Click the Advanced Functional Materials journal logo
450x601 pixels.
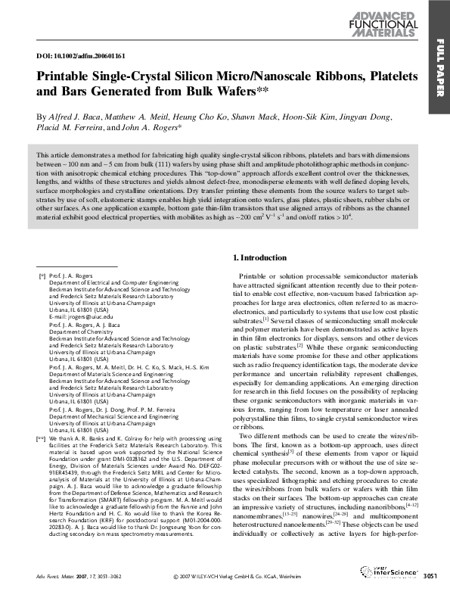(x=389, y=26)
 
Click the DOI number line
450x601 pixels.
(x=71, y=57)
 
